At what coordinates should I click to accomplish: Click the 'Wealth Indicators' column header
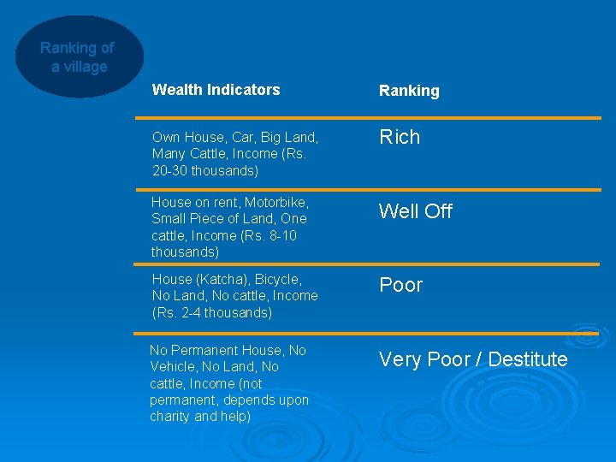coord(216,90)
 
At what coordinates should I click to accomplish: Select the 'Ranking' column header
coord(409,91)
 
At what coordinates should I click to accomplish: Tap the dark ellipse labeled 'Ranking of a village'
coord(78,57)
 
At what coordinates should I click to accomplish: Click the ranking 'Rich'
coord(400,137)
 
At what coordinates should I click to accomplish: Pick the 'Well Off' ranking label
coord(416,211)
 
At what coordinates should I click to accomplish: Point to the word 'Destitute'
coord(527,359)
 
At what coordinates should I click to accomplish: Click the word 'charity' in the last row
coord(170,417)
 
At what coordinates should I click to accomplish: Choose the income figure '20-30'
coord(169,170)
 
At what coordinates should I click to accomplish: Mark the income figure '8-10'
coord(281,236)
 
